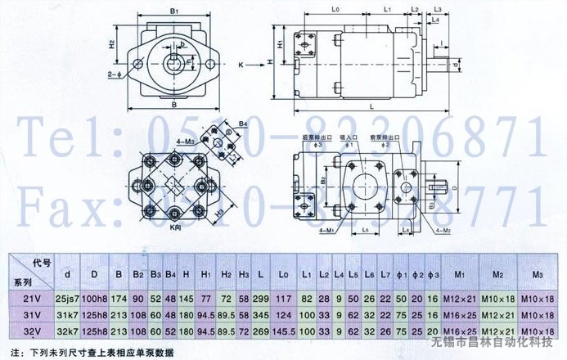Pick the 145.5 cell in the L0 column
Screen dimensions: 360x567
tap(284, 331)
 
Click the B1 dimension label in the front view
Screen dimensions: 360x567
tap(174, 12)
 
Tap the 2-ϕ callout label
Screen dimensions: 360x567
tap(114, 74)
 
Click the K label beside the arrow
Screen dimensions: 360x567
tap(241, 63)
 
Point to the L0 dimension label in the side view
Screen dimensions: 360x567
tap(335, 9)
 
